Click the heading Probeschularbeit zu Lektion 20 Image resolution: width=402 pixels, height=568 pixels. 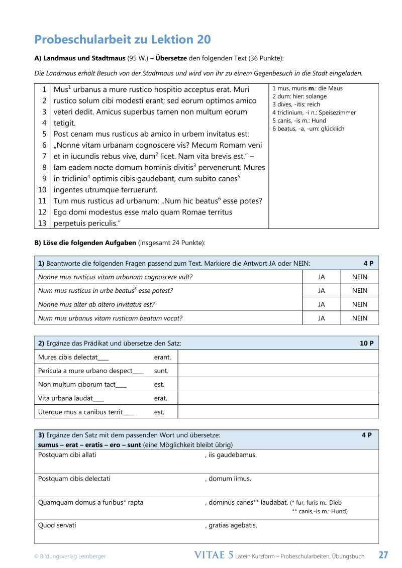click(122, 40)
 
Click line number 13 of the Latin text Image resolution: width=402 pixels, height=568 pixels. click(43, 223)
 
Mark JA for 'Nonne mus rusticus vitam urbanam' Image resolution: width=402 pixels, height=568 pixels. click(321, 277)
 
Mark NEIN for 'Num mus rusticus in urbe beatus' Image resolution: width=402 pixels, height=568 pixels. click(359, 291)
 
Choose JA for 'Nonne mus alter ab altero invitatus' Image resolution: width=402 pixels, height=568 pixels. click(321, 304)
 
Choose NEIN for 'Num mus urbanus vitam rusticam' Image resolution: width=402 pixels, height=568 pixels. click(359, 318)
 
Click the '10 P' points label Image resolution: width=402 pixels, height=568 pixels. click(367, 344)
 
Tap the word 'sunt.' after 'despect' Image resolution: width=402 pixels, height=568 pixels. click(161, 371)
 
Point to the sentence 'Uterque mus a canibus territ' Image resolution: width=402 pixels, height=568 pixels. click(86, 412)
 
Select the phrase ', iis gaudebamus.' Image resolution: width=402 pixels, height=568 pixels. click(231, 455)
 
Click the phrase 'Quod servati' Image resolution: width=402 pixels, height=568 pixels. click(57, 525)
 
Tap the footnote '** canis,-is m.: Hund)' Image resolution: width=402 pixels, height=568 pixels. click(320, 512)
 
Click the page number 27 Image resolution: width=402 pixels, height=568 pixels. click(383, 555)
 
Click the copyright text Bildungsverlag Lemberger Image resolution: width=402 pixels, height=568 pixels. click(70, 556)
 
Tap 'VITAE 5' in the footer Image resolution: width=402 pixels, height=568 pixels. click(214, 555)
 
